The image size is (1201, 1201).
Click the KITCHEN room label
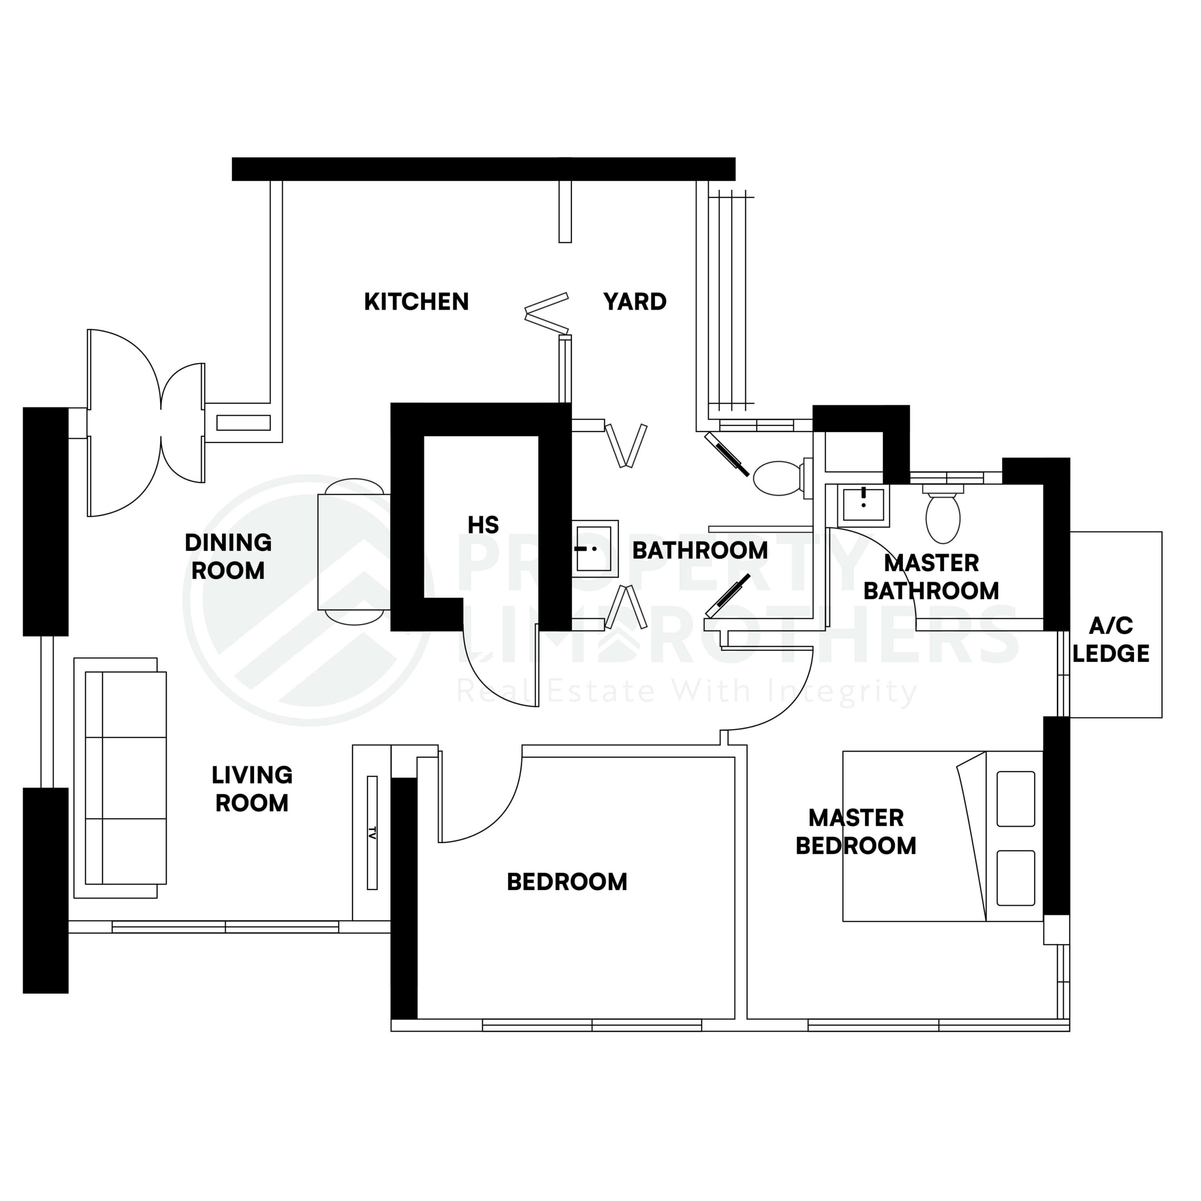pyautogui.click(x=416, y=302)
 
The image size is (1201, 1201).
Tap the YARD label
pyautogui.click(x=635, y=302)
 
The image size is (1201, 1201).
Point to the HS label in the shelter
pyautogui.click(x=483, y=525)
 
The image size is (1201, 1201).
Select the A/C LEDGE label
pyautogui.click(x=1111, y=639)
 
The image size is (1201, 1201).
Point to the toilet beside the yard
pyautogui.click(x=778, y=478)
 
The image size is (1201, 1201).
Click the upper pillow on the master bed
pyautogui.click(x=1015, y=799)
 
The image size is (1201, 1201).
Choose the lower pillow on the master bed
pyautogui.click(x=1015, y=878)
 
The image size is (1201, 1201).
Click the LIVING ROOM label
pyautogui.click(x=252, y=789)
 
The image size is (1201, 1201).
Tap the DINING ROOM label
pyautogui.click(x=228, y=556)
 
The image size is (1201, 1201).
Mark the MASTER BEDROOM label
pyautogui.click(x=856, y=832)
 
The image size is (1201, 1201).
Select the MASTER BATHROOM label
pyautogui.click(x=931, y=577)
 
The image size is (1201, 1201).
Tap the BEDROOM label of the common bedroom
pyautogui.click(x=567, y=882)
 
